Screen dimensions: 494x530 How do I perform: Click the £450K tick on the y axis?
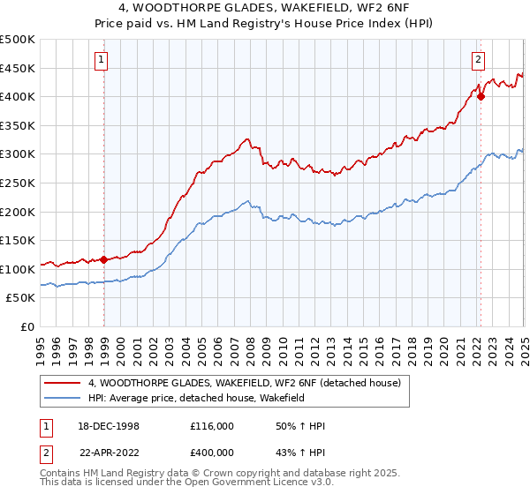click(19, 68)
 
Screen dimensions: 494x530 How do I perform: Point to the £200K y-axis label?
click(19, 212)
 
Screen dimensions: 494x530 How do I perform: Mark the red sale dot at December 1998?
click(104, 259)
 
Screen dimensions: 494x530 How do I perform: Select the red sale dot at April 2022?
click(481, 97)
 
